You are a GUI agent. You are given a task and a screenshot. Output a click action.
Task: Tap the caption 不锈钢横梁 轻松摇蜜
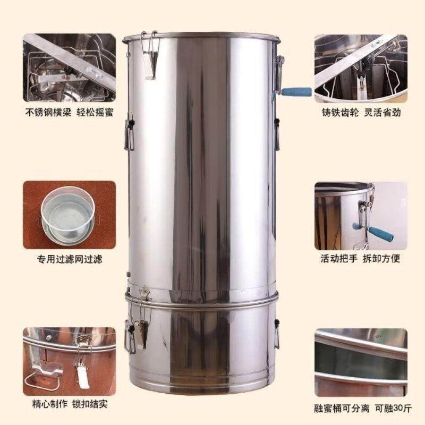(x=70, y=113)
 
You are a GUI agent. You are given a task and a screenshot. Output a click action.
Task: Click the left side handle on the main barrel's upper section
(x=129, y=135)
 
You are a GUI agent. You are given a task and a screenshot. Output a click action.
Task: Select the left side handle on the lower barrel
(x=129, y=334)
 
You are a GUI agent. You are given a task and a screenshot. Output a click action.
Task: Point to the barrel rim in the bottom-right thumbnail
(x=361, y=340)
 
